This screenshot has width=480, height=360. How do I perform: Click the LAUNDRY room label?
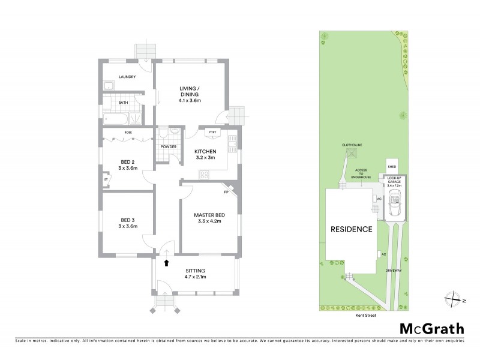[x=127, y=77]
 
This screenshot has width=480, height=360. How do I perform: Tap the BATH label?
[x=122, y=103]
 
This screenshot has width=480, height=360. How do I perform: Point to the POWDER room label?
[x=168, y=145]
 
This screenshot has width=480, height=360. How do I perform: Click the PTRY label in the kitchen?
[x=212, y=131]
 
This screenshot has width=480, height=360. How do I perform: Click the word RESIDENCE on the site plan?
[x=351, y=229]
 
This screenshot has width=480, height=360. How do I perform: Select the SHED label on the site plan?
[x=392, y=167]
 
